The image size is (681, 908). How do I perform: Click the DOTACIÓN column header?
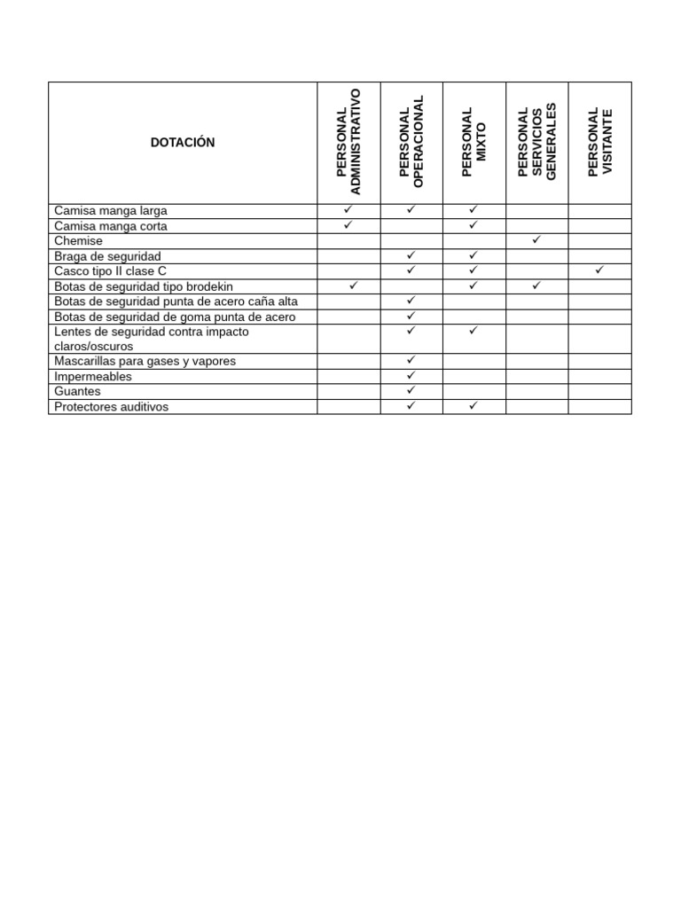183,143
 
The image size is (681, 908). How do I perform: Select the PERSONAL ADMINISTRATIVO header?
349,143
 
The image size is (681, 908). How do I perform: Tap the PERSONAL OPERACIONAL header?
411,143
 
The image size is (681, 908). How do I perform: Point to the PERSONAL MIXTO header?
474,143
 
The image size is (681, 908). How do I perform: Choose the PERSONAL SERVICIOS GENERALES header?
536,143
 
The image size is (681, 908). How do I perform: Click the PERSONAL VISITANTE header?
600,143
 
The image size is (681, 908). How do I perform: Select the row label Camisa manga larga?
111,211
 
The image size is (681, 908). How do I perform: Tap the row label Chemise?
79,241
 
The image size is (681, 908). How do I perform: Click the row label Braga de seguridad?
107,256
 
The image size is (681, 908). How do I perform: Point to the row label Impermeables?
93,376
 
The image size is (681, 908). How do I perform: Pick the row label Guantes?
78,391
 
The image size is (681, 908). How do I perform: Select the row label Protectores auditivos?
112,406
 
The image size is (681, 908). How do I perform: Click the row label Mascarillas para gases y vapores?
145,361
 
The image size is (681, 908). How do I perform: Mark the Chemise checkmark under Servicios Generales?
536,240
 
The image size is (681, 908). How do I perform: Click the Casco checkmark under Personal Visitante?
599,270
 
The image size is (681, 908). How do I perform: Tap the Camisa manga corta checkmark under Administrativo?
348,225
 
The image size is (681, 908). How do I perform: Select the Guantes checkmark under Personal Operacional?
411,390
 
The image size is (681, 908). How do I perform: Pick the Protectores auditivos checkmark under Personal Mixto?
474,405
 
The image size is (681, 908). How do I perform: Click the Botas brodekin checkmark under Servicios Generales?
536,285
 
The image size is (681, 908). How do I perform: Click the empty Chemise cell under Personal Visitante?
600,241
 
